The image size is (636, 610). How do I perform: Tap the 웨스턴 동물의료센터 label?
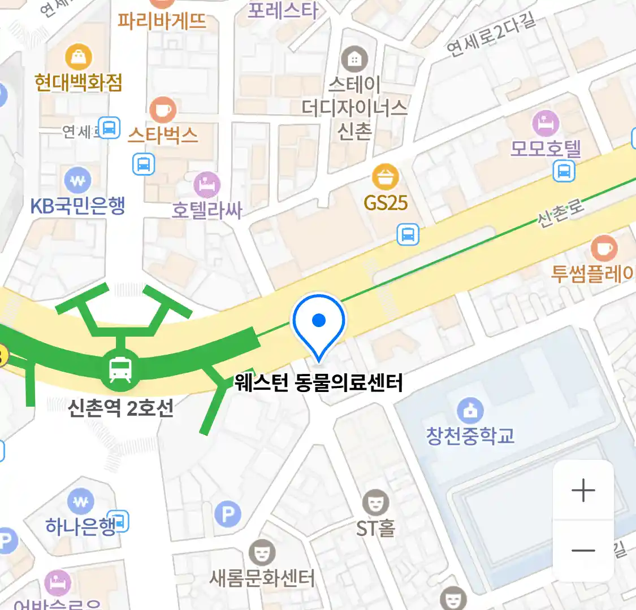pyautogui.click(x=319, y=383)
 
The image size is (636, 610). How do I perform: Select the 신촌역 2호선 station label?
pyautogui.click(x=120, y=407)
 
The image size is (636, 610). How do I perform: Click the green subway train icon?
pyautogui.click(x=120, y=370)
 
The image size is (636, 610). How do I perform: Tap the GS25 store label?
pyautogui.click(x=386, y=202)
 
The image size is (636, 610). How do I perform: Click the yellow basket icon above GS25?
pyautogui.click(x=386, y=177)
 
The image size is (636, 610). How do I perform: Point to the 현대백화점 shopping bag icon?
pyautogui.click(x=79, y=57)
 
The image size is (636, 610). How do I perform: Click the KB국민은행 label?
pyautogui.click(x=77, y=206)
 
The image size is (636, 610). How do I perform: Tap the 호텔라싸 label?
pyautogui.click(x=207, y=210)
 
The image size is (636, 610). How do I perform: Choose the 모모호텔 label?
pyautogui.click(x=546, y=149)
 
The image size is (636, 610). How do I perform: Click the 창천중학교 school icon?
pyautogui.click(x=470, y=411)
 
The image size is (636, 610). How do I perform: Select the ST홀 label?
pyautogui.click(x=375, y=529)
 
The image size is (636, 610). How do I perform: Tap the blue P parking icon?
pyautogui.click(x=228, y=514)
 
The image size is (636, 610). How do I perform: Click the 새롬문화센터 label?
pyautogui.click(x=262, y=578)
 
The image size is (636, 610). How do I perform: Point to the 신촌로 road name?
pyautogui.click(x=561, y=213)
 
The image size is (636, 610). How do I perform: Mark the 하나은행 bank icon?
pyautogui.click(x=81, y=501)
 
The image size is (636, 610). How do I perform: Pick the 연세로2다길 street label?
pyautogui.click(x=490, y=34)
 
